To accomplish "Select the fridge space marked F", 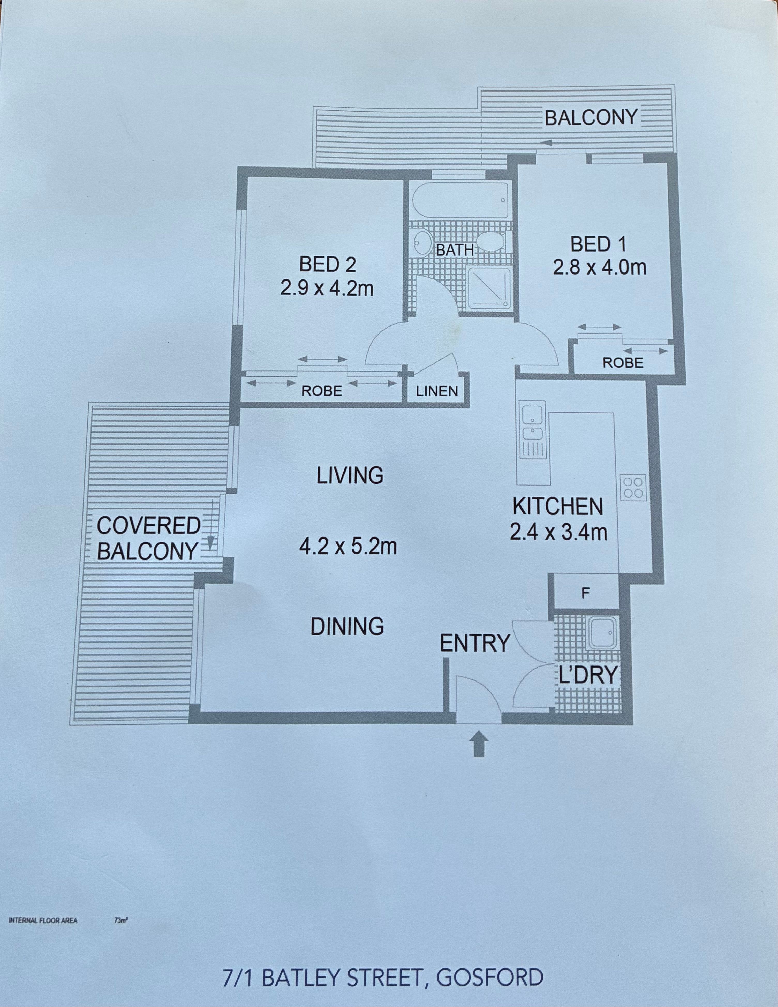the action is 585,593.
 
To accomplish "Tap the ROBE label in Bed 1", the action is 623,363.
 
